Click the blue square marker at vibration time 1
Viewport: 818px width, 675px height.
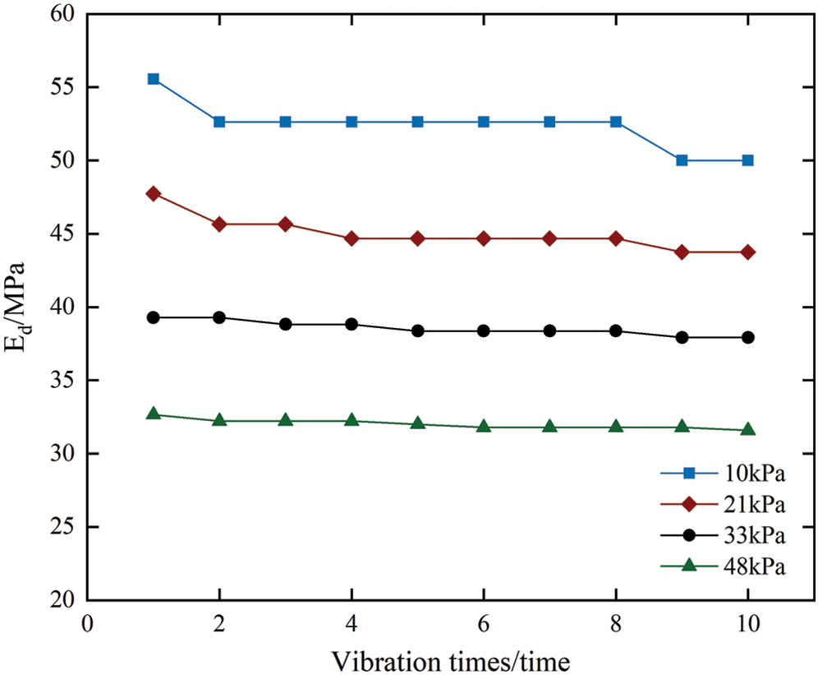[153, 79]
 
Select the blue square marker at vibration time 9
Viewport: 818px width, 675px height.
[682, 160]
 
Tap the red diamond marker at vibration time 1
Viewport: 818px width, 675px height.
[153, 193]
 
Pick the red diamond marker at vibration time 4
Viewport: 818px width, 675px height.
[352, 238]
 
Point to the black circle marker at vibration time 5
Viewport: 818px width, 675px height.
[417, 331]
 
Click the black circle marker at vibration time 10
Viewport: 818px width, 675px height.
[748, 337]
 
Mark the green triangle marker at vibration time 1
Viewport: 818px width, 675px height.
[153, 414]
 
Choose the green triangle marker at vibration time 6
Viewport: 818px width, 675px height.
[484, 427]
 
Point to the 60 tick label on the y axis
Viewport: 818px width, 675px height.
[64, 14]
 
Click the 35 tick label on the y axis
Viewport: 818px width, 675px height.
[64, 381]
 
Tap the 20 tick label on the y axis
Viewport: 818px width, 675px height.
[64, 600]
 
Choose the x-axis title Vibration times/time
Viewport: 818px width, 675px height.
[451, 659]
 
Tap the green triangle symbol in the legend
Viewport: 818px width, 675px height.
[690, 566]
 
